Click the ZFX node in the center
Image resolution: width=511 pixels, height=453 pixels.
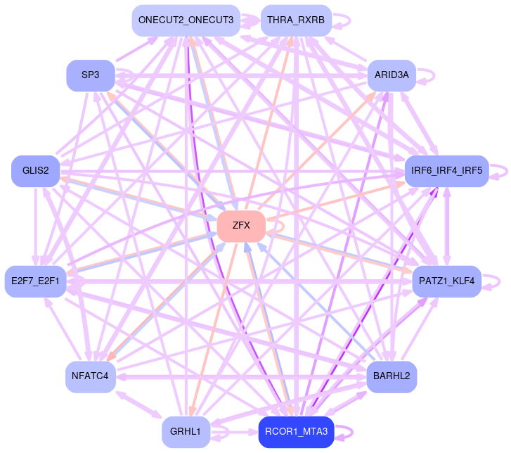(241, 226)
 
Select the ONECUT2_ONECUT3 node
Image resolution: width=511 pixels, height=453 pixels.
(186, 20)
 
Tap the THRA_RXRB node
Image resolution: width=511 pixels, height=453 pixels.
(296, 20)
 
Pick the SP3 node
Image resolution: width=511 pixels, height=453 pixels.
(91, 75)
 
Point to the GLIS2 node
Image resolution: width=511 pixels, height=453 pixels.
(35, 171)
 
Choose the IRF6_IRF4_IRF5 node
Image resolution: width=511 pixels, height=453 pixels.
(447, 171)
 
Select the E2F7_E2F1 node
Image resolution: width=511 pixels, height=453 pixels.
(35, 281)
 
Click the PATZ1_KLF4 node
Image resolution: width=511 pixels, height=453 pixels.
(447, 281)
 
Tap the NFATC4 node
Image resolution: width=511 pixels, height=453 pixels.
(91, 377)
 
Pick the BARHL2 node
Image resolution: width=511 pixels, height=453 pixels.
(392, 377)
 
